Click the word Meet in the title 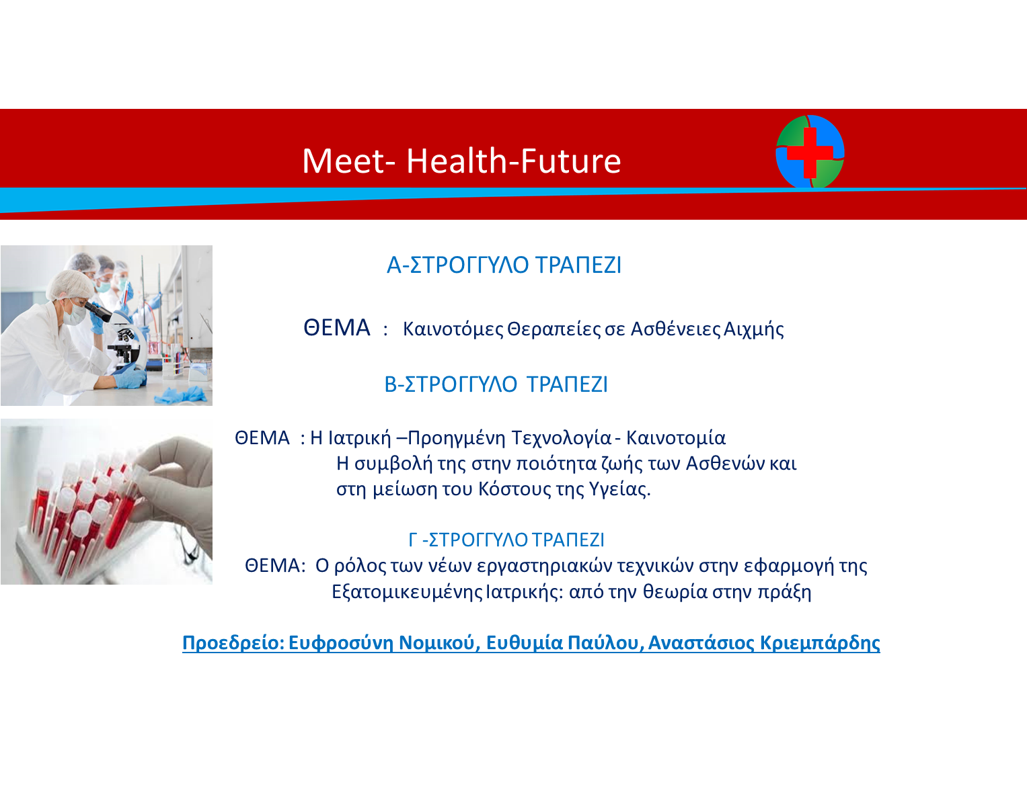pos(344,161)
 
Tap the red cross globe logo pos(810,152)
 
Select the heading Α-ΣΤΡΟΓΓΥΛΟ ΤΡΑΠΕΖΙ pos(504,265)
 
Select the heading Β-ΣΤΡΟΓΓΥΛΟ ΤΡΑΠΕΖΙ pos(496,384)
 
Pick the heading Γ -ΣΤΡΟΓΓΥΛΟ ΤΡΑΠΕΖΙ pos(506,540)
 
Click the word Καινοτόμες pos(453,329)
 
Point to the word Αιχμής pos(753,329)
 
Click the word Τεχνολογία pos(562,439)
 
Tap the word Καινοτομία pos(676,438)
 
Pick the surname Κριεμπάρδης pos(820,643)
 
